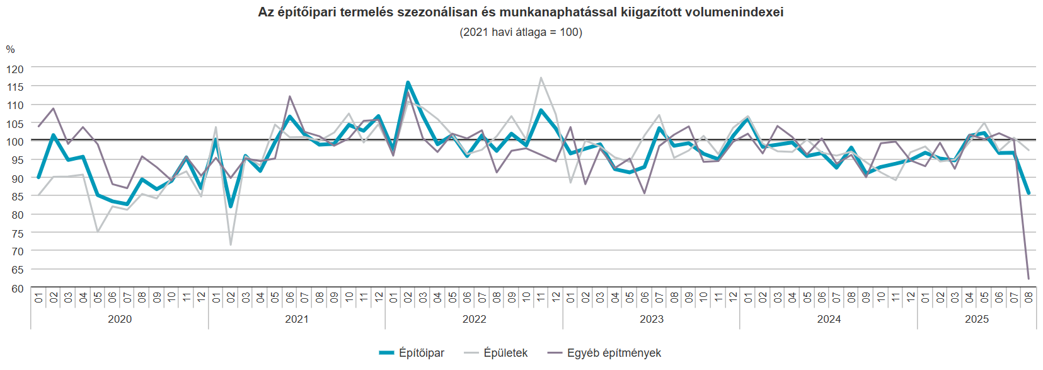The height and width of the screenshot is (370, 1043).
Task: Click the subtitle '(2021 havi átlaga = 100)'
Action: click(521, 32)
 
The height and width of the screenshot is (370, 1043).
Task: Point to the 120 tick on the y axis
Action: click(15, 69)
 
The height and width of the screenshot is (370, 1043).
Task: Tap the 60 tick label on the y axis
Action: click(17, 288)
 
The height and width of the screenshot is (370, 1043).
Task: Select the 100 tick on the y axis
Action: click(15, 142)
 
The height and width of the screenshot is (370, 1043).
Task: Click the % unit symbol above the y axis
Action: click(10, 50)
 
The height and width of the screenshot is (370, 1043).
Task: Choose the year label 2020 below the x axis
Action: click(120, 319)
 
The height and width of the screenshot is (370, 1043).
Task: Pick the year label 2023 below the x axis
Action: click(652, 319)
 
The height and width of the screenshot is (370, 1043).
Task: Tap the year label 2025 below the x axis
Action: click(977, 319)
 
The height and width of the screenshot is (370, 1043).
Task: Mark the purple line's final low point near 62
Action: click(1029, 279)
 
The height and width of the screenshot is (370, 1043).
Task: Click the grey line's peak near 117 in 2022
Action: click(541, 78)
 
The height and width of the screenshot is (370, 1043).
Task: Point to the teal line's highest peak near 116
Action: click(408, 83)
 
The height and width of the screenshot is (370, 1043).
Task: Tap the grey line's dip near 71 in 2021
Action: click(231, 245)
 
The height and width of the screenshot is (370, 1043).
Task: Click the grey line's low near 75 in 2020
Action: click(98, 231)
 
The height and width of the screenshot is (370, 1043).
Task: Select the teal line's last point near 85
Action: click(1029, 194)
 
